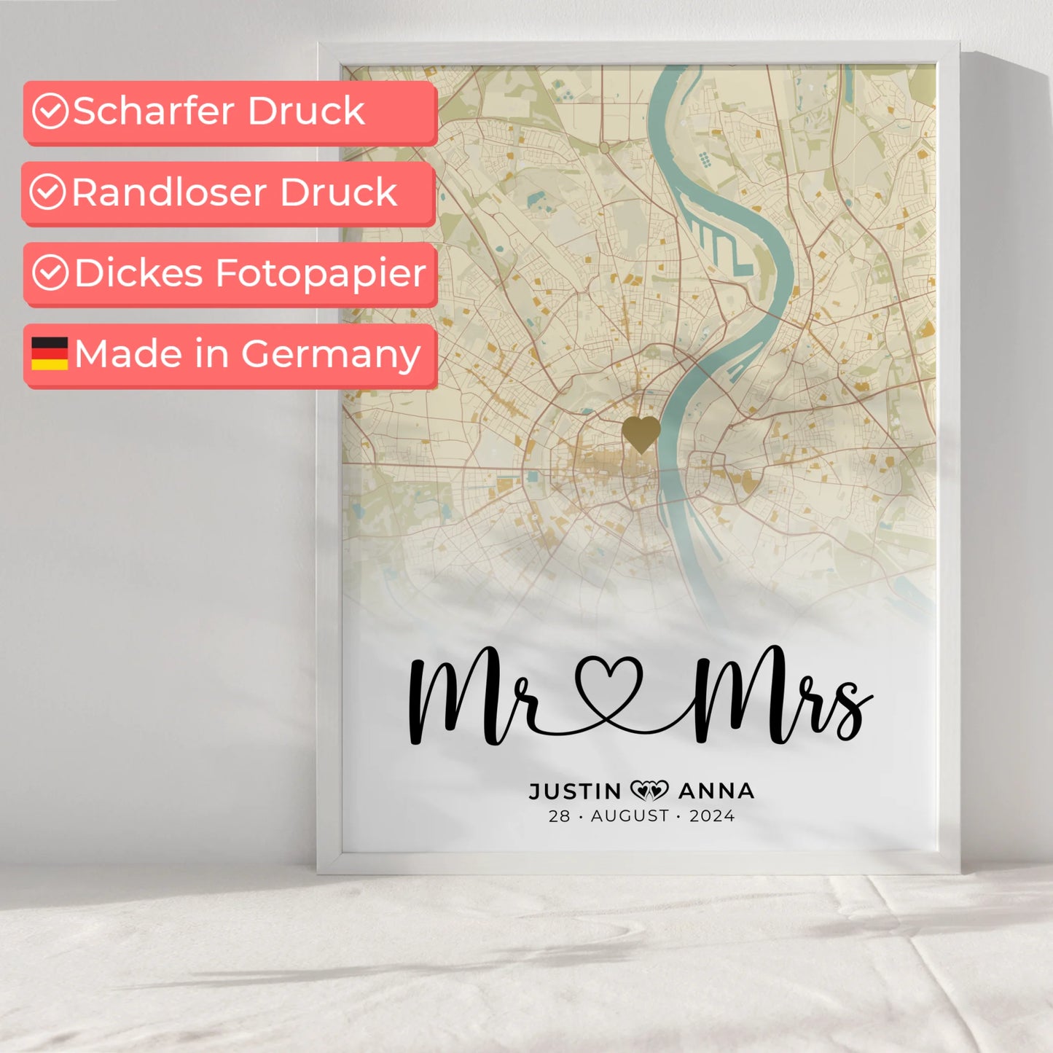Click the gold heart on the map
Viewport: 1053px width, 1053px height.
pyautogui.click(x=641, y=434)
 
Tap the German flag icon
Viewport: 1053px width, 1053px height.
pyautogui.click(x=50, y=353)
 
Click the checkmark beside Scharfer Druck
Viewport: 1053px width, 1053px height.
pyautogui.click(x=50, y=111)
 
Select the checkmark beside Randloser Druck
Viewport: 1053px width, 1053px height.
pyautogui.click(x=48, y=192)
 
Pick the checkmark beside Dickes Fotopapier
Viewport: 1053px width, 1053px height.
pyautogui.click(x=50, y=273)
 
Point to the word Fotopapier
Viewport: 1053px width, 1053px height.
pyautogui.click(x=321, y=274)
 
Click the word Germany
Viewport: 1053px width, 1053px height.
pyautogui.click(x=331, y=355)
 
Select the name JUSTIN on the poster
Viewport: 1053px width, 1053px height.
pyautogui.click(x=575, y=791)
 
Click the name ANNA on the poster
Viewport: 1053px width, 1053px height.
pyautogui.click(x=716, y=791)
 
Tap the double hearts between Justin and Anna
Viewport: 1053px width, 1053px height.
pyautogui.click(x=649, y=790)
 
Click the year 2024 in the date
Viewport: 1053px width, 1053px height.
pyautogui.click(x=712, y=816)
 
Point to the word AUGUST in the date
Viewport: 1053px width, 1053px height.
pyautogui.click(x=630, y=816)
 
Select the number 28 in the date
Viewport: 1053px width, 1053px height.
pyautogui.click(x=559, y=816)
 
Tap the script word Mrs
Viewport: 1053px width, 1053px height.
pyautogui.click(x=780, y=696)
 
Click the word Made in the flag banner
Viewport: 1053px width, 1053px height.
pyautogui.click(x=128, y=354)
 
